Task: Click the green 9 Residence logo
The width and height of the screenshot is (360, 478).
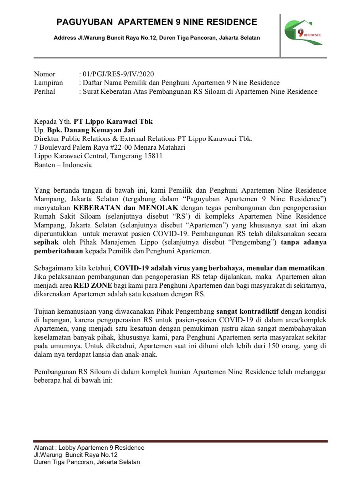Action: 303,33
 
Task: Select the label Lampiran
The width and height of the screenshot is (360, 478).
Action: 48,83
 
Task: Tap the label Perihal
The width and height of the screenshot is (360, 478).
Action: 44,91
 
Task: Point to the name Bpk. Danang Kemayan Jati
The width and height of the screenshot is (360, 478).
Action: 91,130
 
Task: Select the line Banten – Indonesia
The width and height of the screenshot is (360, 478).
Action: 63,165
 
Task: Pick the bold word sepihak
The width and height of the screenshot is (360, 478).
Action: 46,242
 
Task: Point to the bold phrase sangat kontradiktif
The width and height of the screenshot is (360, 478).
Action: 247,311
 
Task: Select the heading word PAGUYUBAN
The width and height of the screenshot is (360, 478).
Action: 85,22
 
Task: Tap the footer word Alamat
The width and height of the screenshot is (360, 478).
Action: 43,448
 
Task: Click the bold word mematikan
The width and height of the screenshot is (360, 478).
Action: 309,268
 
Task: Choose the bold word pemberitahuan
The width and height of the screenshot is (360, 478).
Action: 58,251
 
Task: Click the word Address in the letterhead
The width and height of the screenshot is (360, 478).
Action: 65,38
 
